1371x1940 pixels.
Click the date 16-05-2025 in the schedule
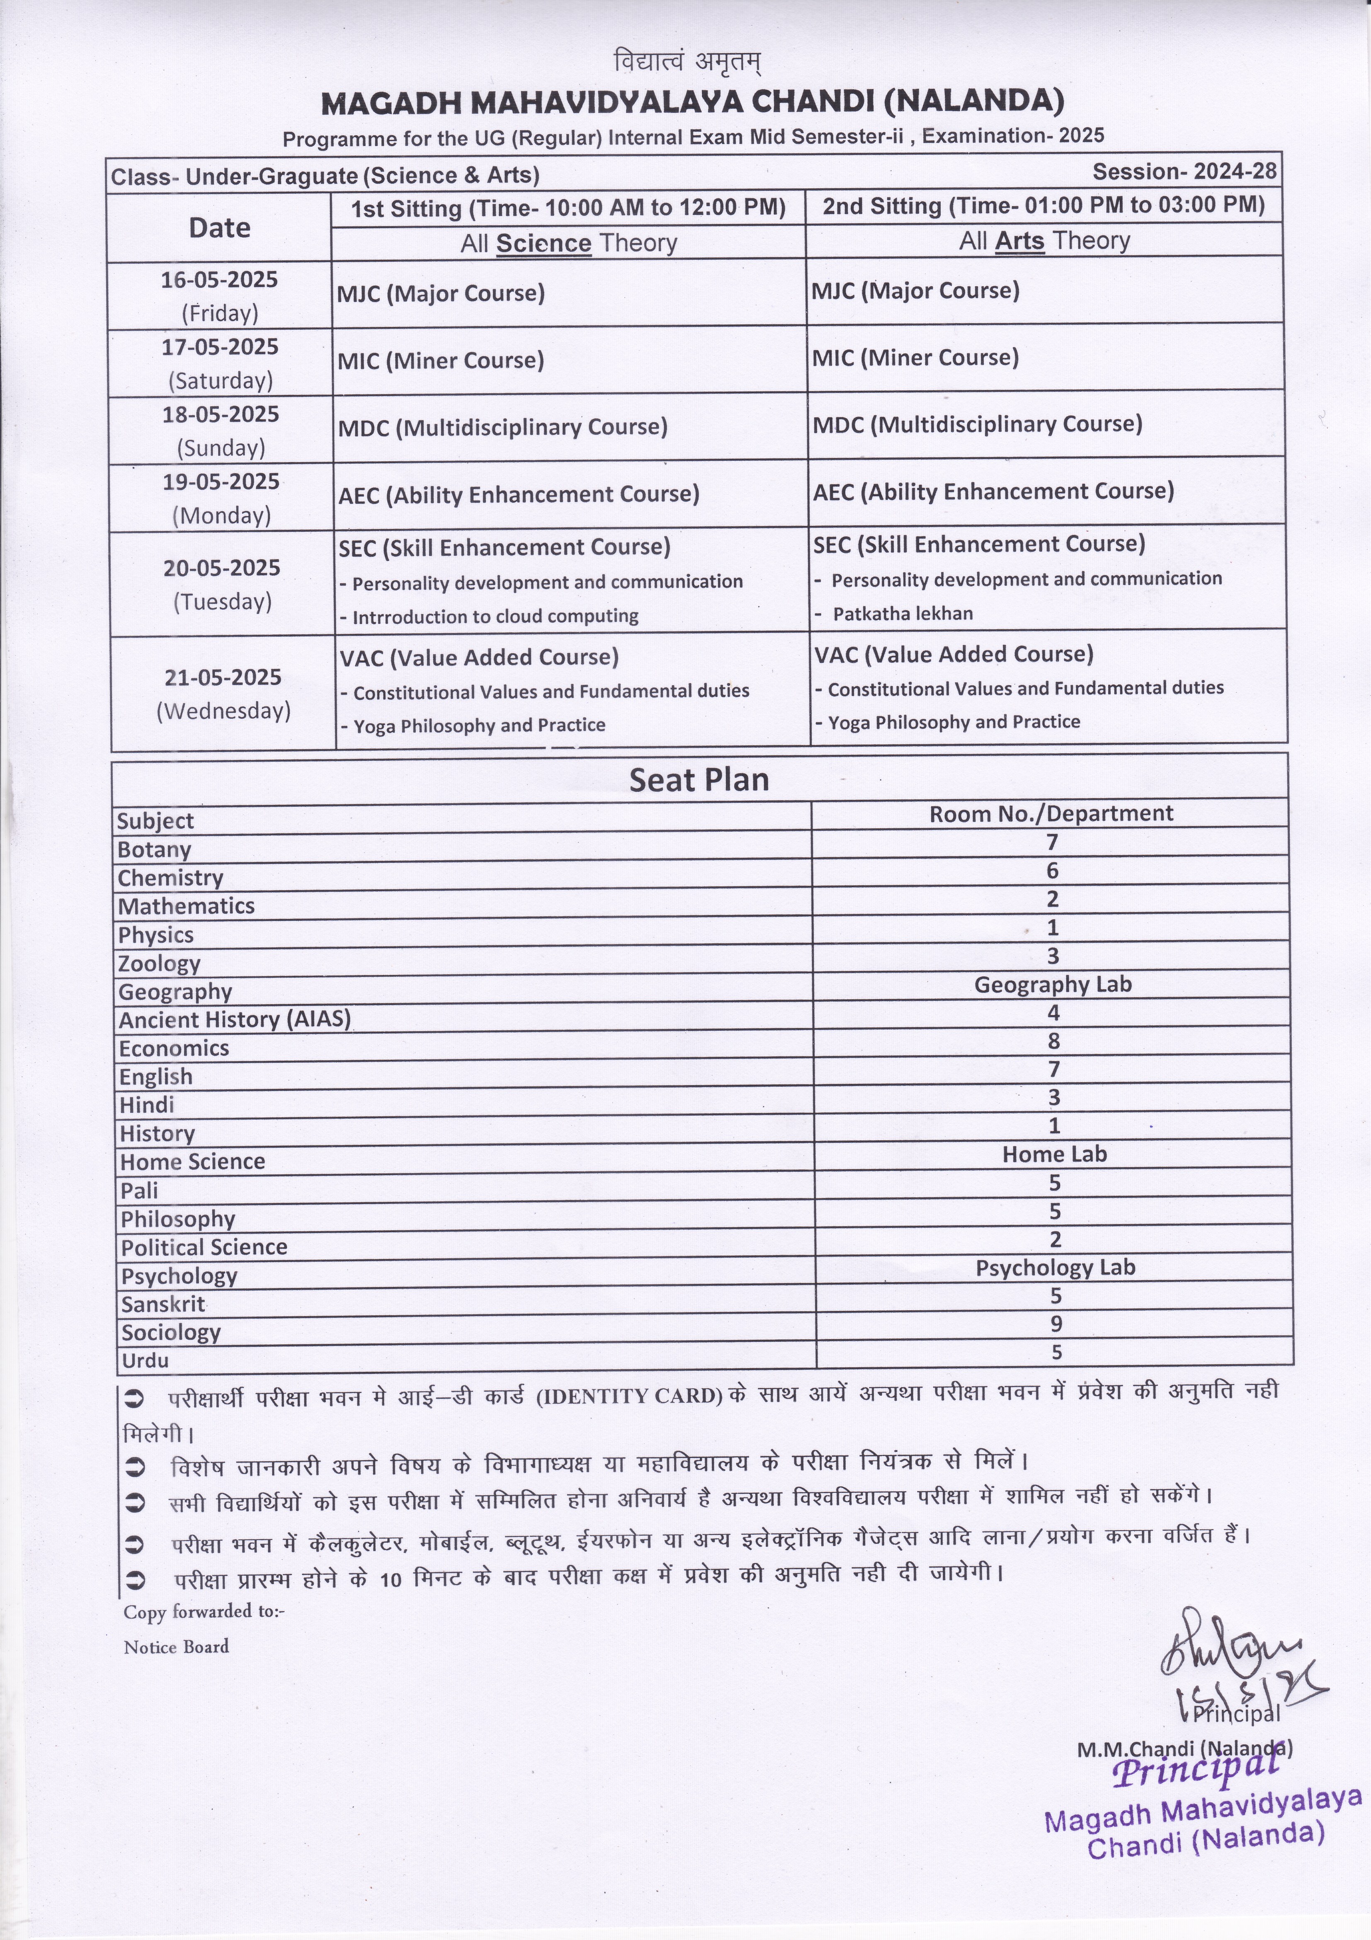[x=220, y=280]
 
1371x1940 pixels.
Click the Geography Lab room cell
[x=1053, y=984]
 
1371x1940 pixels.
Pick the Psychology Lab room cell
[x=1055, y=1268]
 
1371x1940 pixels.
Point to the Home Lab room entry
[x=1054, y=1154]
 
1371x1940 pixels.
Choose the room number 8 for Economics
[x=1053, y=1041]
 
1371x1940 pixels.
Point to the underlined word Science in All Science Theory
[x=543, y=243]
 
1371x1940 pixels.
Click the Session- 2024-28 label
[x=1184, y=172]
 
